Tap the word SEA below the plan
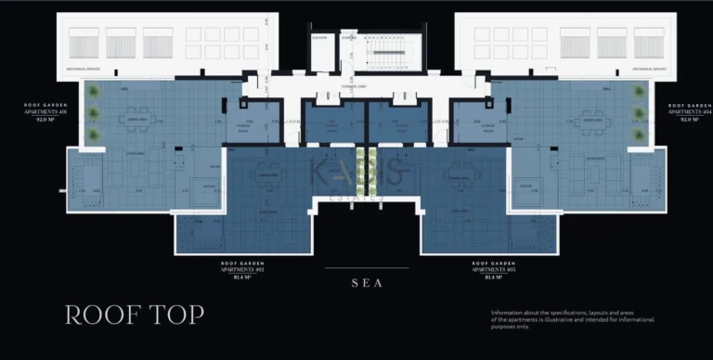(366, 284)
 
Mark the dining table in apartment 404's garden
(591, 122)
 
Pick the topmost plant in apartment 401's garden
(93, 92)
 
